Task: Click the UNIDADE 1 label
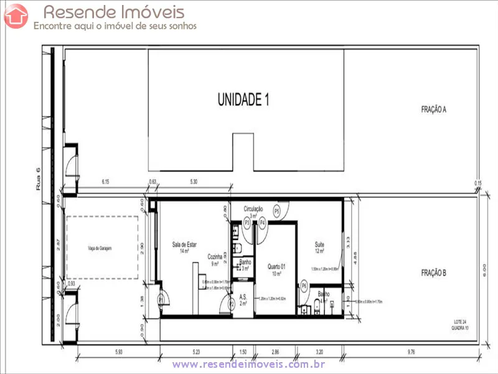[243, 99]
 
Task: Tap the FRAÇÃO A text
[434, 109]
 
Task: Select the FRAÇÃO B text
[434, 272]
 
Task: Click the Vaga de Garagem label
[102, 248]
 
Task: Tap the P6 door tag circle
[304, 285]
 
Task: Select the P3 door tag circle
[247, 222]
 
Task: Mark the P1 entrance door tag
[161, 299]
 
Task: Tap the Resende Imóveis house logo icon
[16, 16]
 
